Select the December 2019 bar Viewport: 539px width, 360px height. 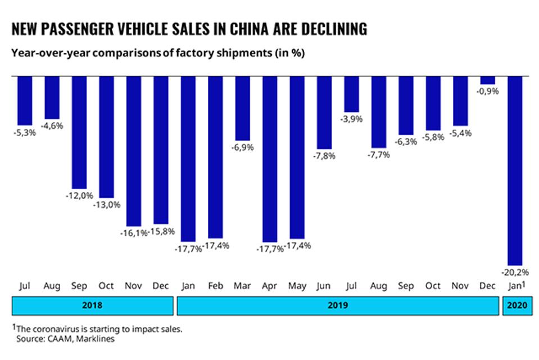point(488,80)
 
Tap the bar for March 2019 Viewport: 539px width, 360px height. point(243,107)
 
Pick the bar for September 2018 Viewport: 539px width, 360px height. point(80,132)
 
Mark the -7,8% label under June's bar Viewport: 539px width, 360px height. point(325,156)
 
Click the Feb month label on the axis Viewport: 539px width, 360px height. point(216,286)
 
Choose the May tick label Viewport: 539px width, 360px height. point(297,286)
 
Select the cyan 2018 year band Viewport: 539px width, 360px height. point(93,306)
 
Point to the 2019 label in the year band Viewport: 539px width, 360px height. point(337,306)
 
